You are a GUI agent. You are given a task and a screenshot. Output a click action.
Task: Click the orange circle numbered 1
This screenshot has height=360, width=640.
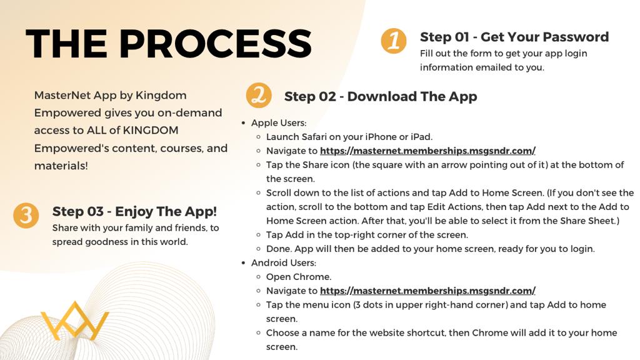tap(394, 41)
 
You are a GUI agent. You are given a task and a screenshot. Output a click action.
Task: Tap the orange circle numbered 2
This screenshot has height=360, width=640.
tap(259, 96)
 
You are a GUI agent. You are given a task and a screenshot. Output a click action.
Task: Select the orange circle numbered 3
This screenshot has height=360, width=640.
tap(26, 216)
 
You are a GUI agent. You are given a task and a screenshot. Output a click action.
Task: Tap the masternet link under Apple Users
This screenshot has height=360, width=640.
tap(427, 151)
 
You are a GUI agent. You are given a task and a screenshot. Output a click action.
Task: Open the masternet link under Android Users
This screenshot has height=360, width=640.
tap(427, 291)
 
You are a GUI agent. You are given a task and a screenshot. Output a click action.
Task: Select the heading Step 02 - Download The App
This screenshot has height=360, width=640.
tap(381, 96)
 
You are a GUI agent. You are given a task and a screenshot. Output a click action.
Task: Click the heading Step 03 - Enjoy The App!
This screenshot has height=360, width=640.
tap(134, 211)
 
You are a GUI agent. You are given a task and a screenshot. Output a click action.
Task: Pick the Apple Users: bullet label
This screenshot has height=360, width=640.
tap(279, 123)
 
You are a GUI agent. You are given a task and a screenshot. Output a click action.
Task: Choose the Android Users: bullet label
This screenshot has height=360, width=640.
tap(284, 263)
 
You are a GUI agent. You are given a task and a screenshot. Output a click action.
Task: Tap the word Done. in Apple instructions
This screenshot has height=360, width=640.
tap(279, 249)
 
